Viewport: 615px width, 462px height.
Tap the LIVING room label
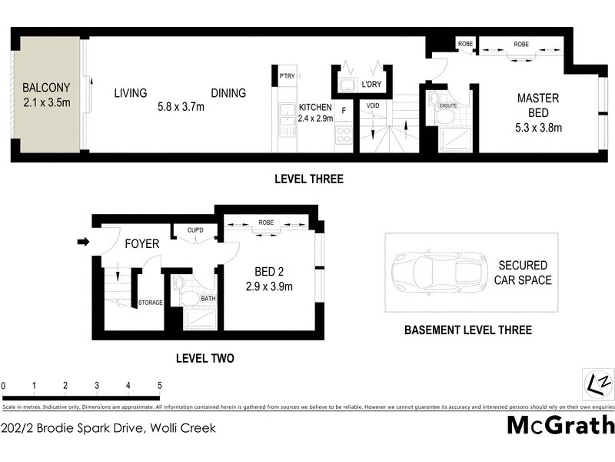131,93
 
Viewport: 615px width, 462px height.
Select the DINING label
228,93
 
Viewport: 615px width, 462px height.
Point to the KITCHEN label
315,107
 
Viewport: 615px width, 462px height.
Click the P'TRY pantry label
288,75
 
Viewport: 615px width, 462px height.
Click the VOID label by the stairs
372,105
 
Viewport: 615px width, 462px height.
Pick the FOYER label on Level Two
142,244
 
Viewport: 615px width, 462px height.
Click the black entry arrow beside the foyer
83,244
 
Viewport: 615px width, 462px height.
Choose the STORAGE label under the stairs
150,303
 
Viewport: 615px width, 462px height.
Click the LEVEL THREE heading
309,179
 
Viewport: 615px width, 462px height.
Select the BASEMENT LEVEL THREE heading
468,330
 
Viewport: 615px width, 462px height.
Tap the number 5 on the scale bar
159,386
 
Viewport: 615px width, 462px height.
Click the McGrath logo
560,424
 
